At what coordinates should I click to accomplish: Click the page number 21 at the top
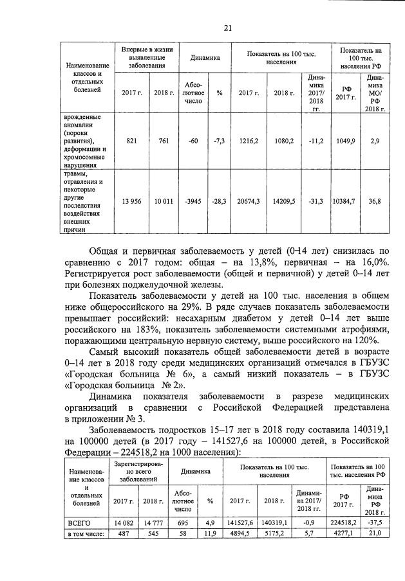(x=227, y=27)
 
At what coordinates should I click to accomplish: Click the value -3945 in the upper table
(x=194, y=201)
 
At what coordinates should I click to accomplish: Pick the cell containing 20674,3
(x=249, y=201)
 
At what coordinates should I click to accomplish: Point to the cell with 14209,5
(x=283, y=201)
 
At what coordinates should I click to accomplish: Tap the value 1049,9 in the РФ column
(x=345, y=141)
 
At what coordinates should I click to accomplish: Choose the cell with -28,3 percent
(x=219, y=201)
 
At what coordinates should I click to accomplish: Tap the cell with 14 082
(x=127, y=523)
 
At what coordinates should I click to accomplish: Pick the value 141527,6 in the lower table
(x=240, y=523)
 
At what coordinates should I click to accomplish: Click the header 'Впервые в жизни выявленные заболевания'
(x=147, y=57)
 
